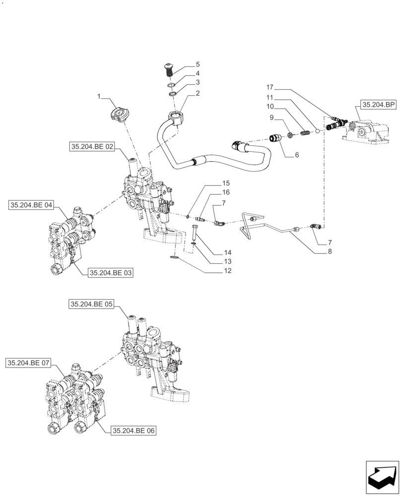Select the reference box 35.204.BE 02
coord(93,146)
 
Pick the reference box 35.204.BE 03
coord(111,273)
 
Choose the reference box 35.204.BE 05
coord(93,305)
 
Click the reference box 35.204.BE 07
coord(29,363)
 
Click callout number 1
coord(99,96)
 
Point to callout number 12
coord(227,271)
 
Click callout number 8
coord(316,251)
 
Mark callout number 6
coord(297,155)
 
